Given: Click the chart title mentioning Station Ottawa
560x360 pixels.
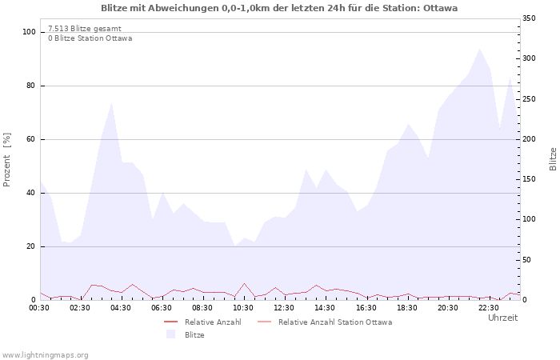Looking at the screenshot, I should click(x=279, y=8).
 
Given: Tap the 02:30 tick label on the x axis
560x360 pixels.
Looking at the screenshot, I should click(x=80, y=307).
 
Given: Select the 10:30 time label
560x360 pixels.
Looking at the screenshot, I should click(x=243, y=307).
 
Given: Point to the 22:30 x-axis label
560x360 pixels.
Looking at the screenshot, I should click(x=489, y=307).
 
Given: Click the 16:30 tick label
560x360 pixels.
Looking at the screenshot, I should click(x=366, y=307).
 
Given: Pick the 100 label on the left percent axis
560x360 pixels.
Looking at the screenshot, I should click(x=30, y=32).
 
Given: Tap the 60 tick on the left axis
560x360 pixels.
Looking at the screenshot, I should click(x=32, y=139).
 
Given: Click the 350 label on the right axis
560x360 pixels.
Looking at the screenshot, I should click(x=530, y=18).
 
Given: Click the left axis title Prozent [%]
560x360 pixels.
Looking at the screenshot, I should click(x=8, y=160).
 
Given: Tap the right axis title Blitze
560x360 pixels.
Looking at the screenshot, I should click(x=552, y=158).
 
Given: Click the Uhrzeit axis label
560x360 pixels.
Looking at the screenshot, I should click(x=502, y=318).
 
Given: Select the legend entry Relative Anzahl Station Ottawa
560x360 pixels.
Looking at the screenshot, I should click(x=334, y=322).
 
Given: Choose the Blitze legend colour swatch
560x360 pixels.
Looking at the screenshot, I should click(x=170, y=335).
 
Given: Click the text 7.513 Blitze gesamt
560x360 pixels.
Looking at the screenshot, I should click(x=85, y=28).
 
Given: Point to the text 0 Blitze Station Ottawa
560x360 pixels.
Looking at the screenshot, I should click(x=90, y=38).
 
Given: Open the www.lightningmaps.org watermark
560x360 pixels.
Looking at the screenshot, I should click(x=45, y=354).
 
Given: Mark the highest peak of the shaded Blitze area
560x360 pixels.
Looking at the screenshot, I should click(x=480, y=49).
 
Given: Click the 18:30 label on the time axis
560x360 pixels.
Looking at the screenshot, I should click(x=406, y=307).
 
